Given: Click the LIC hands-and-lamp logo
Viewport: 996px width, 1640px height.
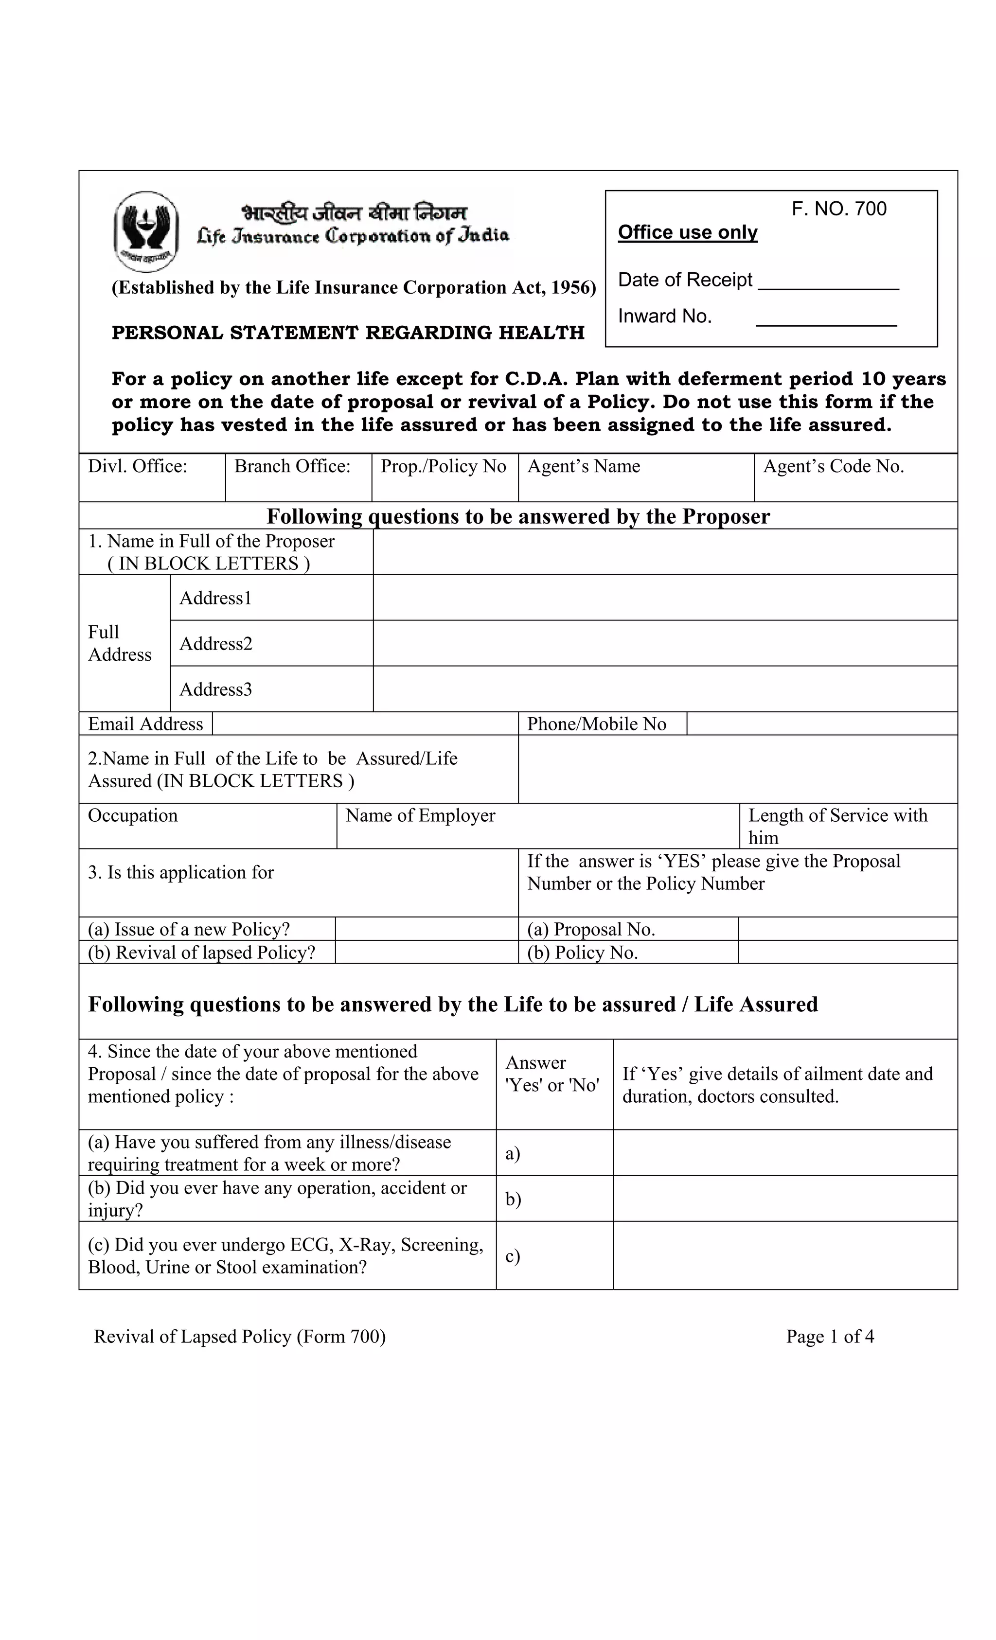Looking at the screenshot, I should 146,231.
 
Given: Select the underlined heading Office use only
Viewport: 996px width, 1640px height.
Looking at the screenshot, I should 687,232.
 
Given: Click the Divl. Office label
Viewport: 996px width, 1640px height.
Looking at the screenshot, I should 137,466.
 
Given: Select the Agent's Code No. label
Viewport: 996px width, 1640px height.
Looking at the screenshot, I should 833,466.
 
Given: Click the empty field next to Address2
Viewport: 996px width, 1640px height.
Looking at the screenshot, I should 664,643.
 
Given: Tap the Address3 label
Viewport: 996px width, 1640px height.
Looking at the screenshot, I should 216,689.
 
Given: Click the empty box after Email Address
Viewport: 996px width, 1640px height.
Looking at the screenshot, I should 364,723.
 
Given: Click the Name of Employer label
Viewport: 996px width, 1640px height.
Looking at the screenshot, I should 420,815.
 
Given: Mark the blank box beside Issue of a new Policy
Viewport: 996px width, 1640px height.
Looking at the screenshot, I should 426,929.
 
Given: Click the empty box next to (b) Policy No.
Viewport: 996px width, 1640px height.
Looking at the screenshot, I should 846,952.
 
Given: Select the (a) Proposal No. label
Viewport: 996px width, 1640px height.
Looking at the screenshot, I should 590,929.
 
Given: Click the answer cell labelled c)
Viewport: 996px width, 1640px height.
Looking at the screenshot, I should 554,1256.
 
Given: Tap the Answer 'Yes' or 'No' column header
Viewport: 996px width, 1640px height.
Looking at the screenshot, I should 552,1074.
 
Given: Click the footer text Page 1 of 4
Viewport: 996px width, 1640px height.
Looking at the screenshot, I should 830,1337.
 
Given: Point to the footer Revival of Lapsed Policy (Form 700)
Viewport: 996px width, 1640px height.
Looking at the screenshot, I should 240,1337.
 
